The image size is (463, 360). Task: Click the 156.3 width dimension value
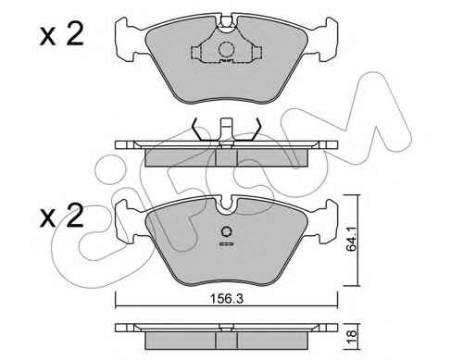[226, 299]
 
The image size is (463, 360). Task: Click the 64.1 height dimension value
[351, 239]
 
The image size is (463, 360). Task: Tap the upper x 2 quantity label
[62, 35]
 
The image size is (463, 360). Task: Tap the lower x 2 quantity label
[62, 216]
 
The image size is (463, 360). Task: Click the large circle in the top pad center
[226, 49]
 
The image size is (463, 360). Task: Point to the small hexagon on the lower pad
[227, 231]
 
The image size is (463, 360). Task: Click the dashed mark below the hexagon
[227, 244]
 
